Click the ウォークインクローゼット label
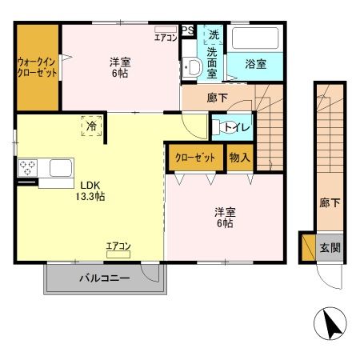36,66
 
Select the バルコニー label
104,279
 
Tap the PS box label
187,30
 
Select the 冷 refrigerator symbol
92,126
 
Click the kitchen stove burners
27,168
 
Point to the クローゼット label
195,158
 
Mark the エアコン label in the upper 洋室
165,37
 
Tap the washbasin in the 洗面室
191,67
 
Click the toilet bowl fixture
218,126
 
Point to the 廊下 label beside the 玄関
329,202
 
